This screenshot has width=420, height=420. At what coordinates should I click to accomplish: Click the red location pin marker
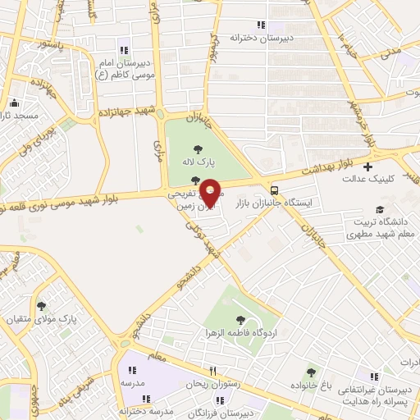click(x=211, y=192)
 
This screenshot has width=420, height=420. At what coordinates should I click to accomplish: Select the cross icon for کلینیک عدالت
click(x=367, y=167)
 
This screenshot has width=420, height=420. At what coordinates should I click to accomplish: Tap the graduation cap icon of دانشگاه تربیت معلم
click(x=378, y=209)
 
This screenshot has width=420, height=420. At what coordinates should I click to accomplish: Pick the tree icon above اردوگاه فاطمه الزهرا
click(x=240, y=320)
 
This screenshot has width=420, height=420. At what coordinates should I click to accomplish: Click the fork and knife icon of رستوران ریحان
click(x=212, y=371)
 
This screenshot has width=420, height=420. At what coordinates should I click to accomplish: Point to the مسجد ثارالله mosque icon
click(x=14, y=103)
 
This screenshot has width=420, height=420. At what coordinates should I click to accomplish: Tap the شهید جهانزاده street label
click(x=126, y=112)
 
